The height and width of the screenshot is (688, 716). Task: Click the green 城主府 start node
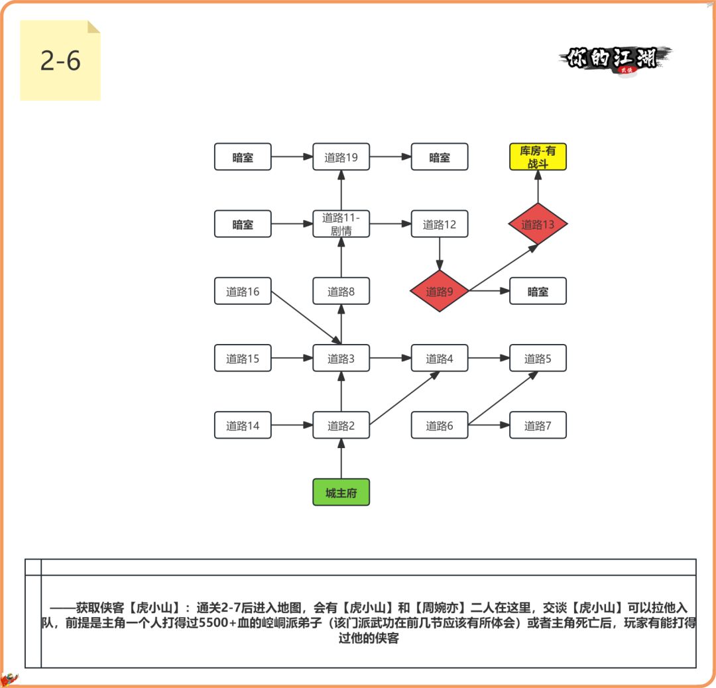point(341,492)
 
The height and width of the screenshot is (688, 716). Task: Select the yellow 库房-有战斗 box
point(538,157)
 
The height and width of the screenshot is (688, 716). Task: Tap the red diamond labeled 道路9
point(439,291)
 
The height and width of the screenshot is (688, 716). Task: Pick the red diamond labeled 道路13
point(538,224)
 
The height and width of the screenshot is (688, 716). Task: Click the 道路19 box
point(341,157)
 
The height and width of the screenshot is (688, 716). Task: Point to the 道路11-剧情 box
point(341,224)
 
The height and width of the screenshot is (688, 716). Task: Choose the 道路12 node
point(439,224)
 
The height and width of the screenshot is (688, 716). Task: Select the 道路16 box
point(243,291)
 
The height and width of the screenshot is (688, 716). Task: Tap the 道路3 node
point(341,359)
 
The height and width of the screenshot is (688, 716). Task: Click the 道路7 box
point(538,426)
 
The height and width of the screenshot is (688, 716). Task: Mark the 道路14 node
point(243,426)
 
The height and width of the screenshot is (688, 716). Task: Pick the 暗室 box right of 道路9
point(538,291)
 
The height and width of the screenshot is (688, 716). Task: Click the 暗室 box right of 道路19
point(439,157)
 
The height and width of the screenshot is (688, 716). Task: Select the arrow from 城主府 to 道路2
point(341,459)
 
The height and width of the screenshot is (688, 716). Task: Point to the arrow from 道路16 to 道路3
point(306,318)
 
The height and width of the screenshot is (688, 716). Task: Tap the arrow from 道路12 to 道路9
point(439,253)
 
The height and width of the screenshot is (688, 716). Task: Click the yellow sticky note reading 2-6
point(60,60)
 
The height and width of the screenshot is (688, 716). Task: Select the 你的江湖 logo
point(613,59)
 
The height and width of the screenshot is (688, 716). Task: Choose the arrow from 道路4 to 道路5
point(489,359)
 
